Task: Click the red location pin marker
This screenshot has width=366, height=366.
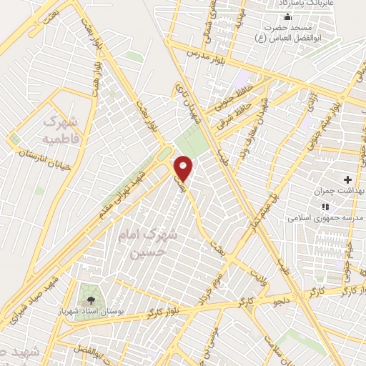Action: point(184,167)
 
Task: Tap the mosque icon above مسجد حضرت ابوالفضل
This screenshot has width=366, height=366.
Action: point(288,16)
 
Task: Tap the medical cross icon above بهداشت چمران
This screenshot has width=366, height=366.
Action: point(348,178)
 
